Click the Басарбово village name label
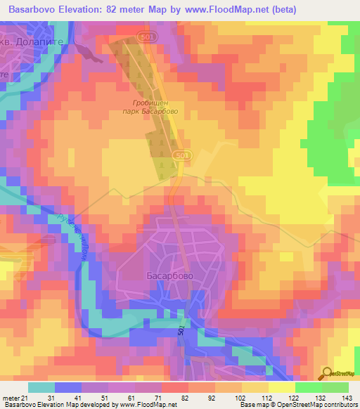(x=169, y=276)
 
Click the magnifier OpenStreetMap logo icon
(x=328, y=373)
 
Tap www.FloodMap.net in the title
(x=224, y=9)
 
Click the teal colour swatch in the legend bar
(x=41, y=387)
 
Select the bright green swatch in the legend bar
(x=309, y=387)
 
